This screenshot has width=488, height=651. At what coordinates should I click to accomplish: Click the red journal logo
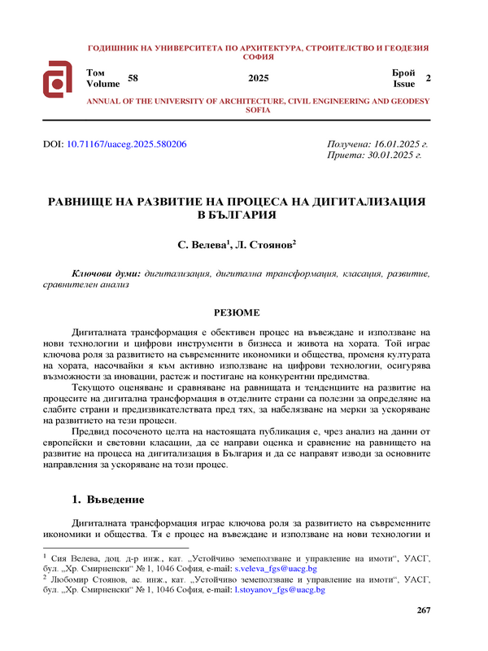coord(59,79)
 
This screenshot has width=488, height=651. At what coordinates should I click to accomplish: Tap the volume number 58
coord(133,77)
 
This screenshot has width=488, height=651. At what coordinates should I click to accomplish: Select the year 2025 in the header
coord(258,78)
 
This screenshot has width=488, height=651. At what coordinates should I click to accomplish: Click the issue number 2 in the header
coord(428,77)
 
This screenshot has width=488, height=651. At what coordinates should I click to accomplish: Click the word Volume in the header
coord(102,83)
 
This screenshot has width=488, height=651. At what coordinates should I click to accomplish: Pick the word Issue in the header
coord(404,83)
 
